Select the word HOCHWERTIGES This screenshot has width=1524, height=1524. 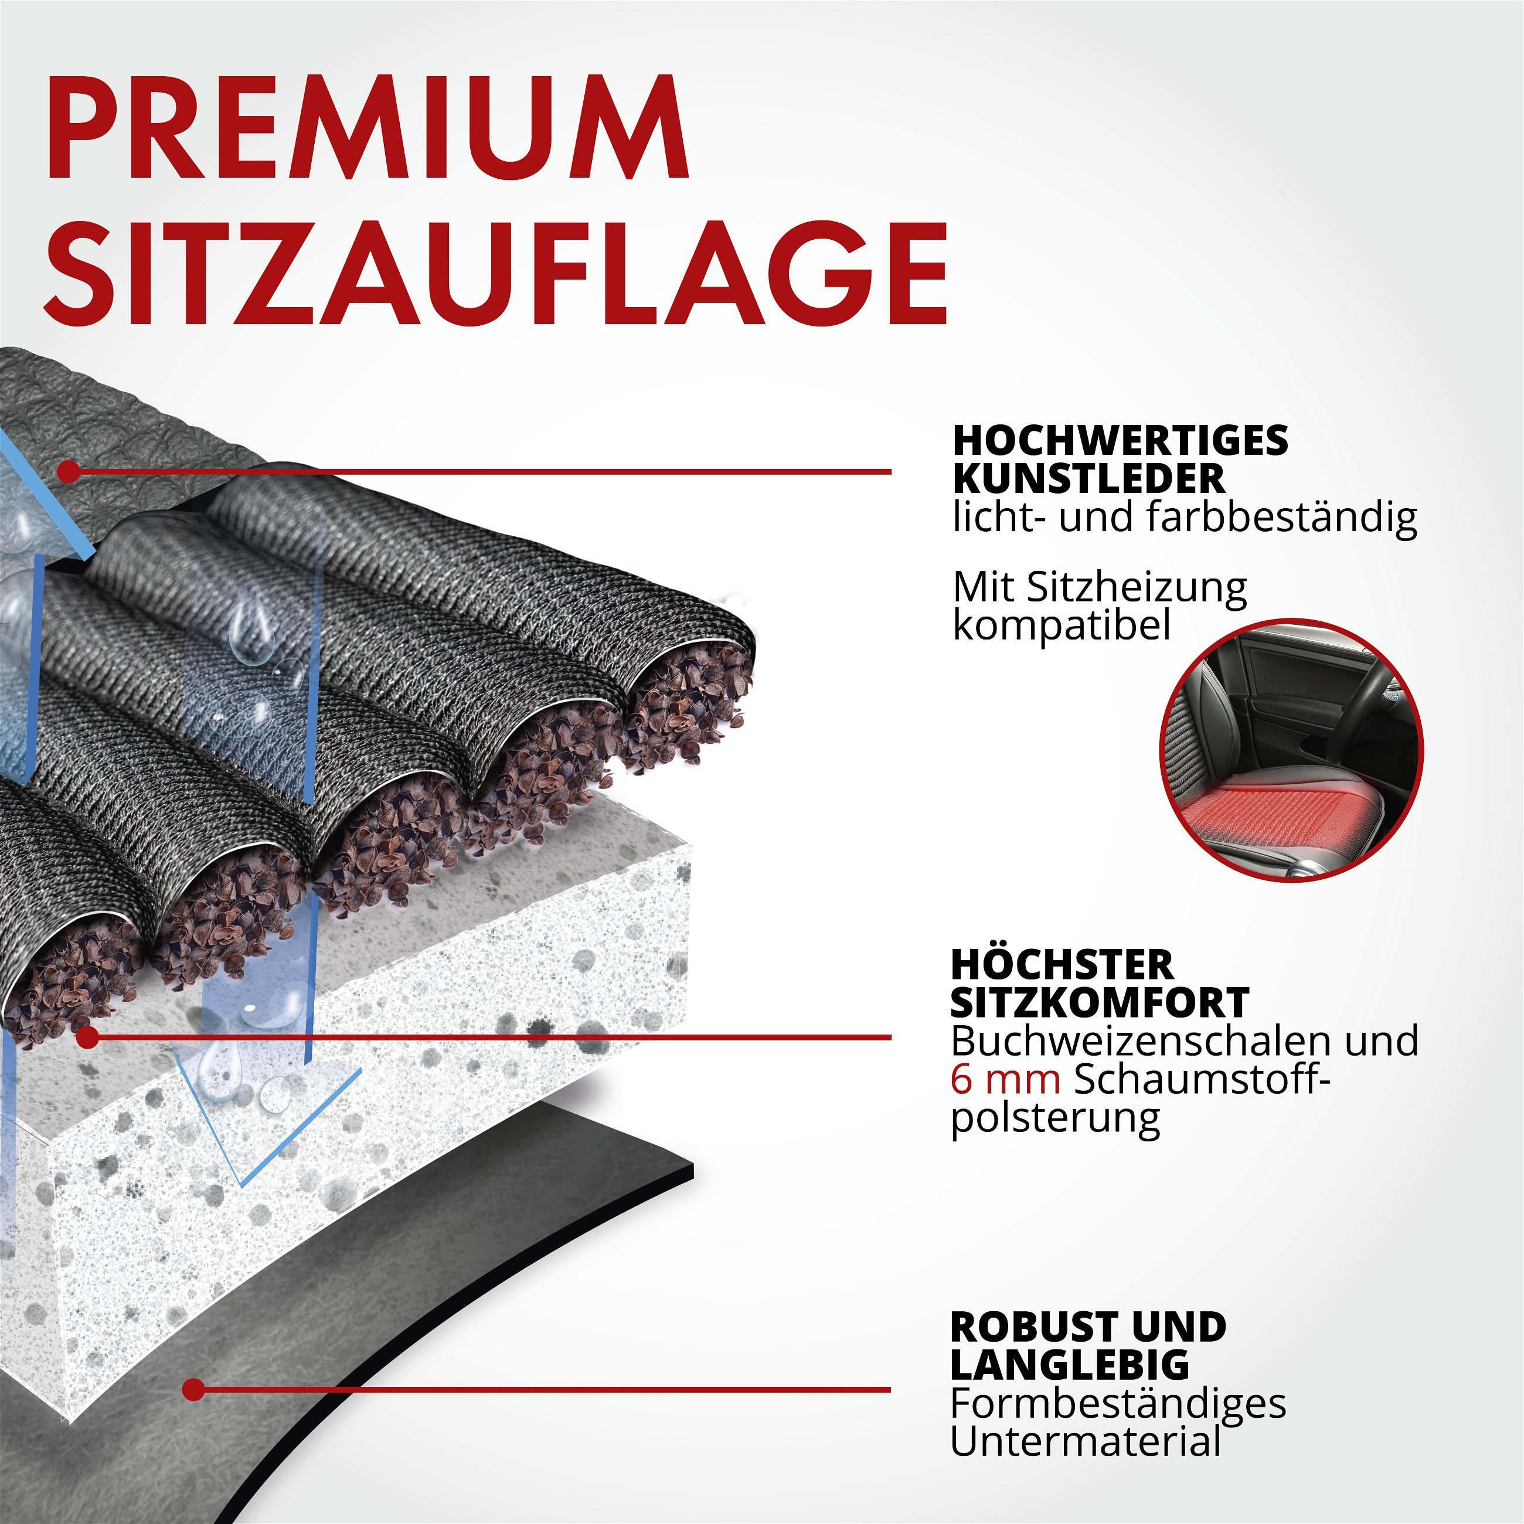click(x=1120, y=440)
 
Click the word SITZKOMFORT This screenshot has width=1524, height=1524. click(x=1100, y=1002)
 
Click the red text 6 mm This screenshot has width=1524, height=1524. click(x=1005, y=1080)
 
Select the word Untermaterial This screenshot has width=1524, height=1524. click(x=1086, y=1441)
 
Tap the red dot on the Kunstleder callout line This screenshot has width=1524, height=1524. click(x=69, y=472)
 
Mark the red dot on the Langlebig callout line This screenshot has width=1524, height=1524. click(x=193, y=1389)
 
